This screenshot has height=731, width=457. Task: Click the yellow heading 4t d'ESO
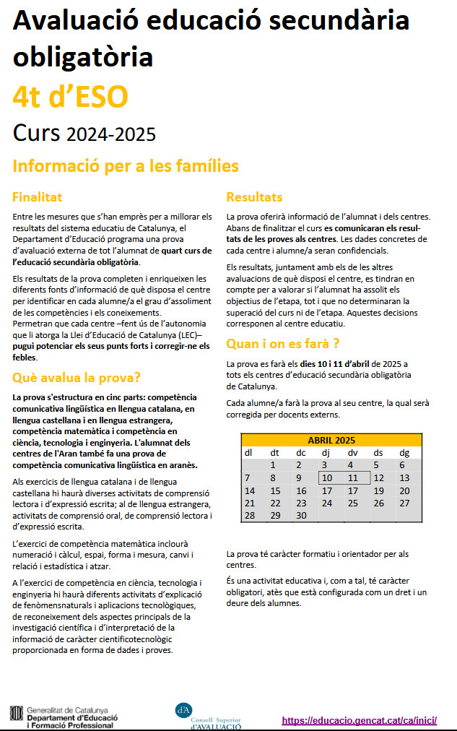pyautogui.click(x=70, y=95)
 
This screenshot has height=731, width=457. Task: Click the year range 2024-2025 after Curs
pyautogui.click(x=110, y=134)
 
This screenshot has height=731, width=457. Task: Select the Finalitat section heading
pyautogui.click(x=38, y=197)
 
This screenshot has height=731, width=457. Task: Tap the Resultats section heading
pyautogui.click(x=254, y=197)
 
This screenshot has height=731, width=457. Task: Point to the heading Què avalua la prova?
pyautogui.click(x=77, y=377)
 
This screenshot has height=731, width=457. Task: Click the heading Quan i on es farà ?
pyautogui.click(x=283, y=343)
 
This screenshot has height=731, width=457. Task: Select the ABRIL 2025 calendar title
pyautogui.click(x=331, y=441)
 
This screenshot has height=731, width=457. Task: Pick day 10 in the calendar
pyautogui.click(x=327, y=477)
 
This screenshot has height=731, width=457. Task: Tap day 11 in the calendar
pyautogui.click(x=352, y=477)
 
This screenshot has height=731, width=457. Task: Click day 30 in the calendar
pyautogui.click(x=301, y=515)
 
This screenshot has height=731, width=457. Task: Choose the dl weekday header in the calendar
pyautogui.click(x=248, y=453)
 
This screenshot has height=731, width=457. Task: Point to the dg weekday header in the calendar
pyautogui.click(x=404, y=453)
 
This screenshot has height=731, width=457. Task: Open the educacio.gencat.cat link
pyautogui.click(x=359, y=720)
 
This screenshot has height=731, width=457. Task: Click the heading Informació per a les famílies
pyautogui.click(x=126, y=166)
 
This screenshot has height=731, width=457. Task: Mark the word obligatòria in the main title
pyautogui.click(x=83, y=56)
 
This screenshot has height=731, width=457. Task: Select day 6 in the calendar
pyautogui.click(x=403, y=465)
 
